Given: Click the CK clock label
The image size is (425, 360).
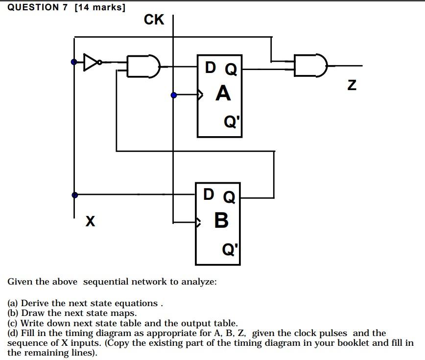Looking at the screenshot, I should point(154,20).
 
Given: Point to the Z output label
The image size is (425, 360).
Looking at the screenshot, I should point(352,85).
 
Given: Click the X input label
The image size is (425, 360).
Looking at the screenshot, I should point(90,221).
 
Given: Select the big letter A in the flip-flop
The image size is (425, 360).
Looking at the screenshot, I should point(223,93).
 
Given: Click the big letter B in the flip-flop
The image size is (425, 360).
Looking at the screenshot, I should point(221,220).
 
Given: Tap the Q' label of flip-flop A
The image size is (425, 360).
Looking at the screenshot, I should point(232,121).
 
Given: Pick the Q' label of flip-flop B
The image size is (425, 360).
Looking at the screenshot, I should point(230,249).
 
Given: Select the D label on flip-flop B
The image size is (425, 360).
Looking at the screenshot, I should point(209,194).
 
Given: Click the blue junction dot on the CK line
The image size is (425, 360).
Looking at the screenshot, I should point(174,96).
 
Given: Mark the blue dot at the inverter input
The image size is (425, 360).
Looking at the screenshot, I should point(74,62).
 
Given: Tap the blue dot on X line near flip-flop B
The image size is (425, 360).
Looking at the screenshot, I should point(74,195).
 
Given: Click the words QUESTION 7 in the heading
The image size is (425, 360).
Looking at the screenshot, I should point(37,7).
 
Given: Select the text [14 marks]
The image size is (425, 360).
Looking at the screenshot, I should point(100,7).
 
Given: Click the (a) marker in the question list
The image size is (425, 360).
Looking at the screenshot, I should point(13,303).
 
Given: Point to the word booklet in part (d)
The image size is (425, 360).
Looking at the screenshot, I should point(356,343).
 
